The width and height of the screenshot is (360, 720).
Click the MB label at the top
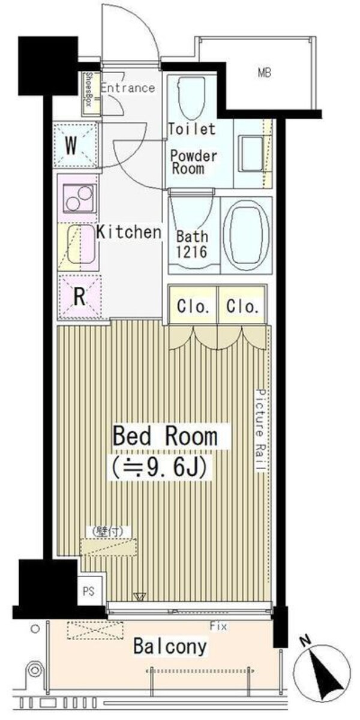tap(264, 74)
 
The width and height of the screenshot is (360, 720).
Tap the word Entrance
tap(127, 88)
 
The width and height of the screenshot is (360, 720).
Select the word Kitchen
tap(129, 232)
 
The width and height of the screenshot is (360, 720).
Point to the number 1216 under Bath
tap(191, 251)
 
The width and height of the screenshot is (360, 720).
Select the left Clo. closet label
tap(193, 307)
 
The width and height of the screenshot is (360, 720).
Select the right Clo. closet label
tap(242, 307)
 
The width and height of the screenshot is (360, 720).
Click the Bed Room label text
tap(165, 436)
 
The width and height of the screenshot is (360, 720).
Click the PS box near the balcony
tap(88, 590)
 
